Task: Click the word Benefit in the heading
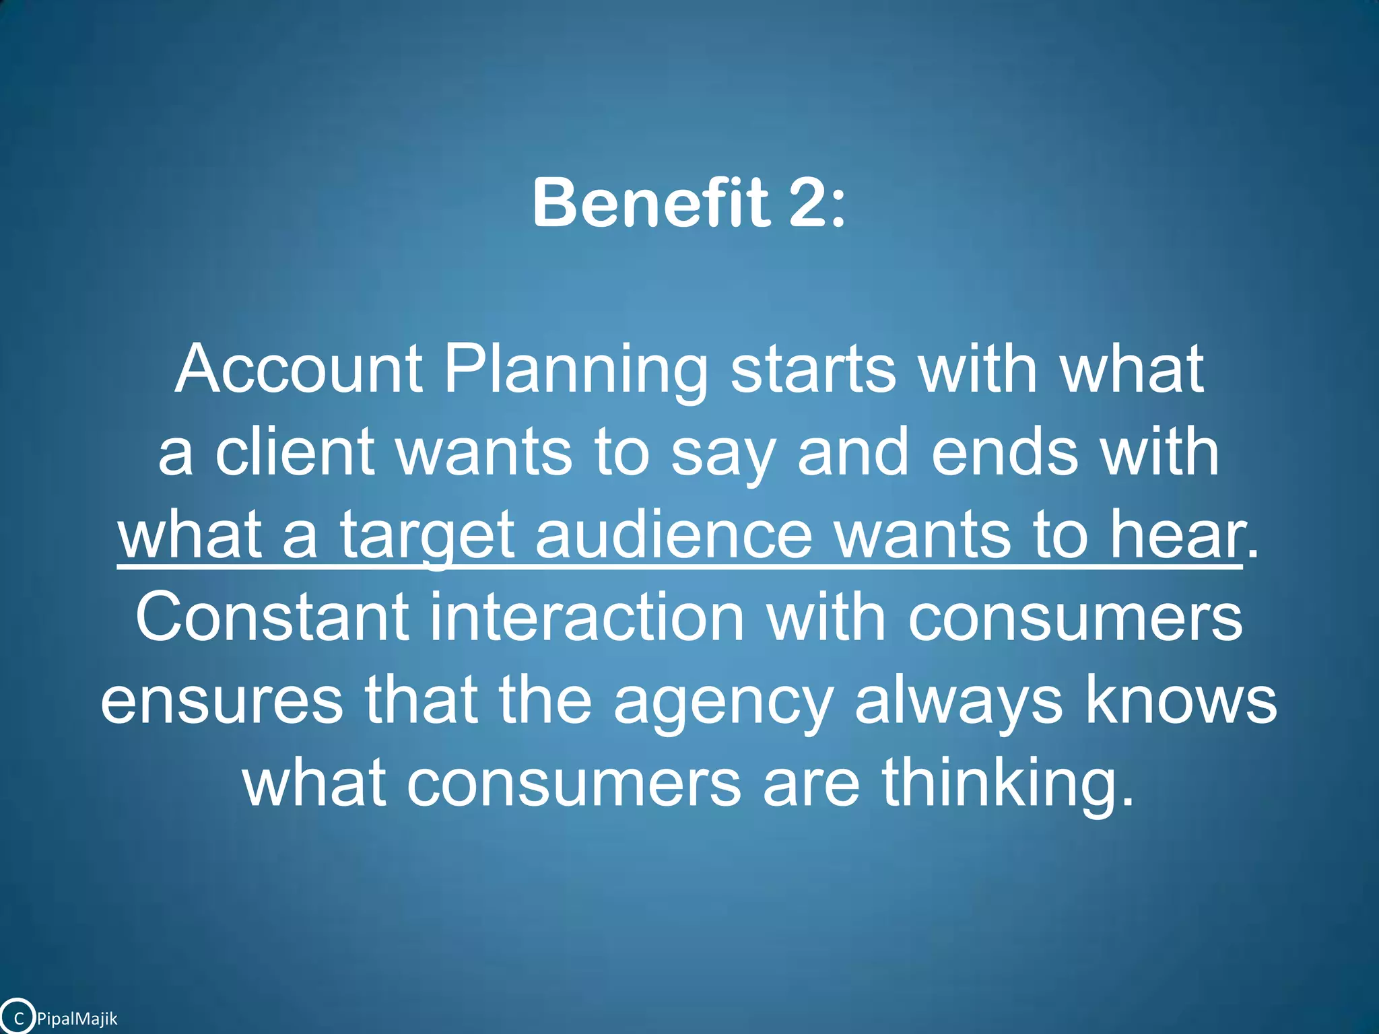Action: click(650, 203)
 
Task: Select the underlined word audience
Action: click(674, 535)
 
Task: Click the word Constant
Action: click(272, 617)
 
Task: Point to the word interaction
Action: click(587, 617)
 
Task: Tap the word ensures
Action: click(222, 701)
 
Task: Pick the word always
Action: click(960, 701)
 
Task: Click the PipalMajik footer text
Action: click(77, 1019)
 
